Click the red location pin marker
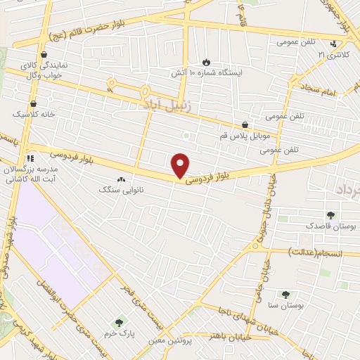[x=181, y=165]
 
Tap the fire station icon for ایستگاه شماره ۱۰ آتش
[x=206, y=62]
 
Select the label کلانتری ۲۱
[x=332, y=54]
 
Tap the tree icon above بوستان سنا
[x=285, y=295]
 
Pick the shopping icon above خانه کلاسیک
[x=32, y=103]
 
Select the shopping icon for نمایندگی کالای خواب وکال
[x=45, y=54]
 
